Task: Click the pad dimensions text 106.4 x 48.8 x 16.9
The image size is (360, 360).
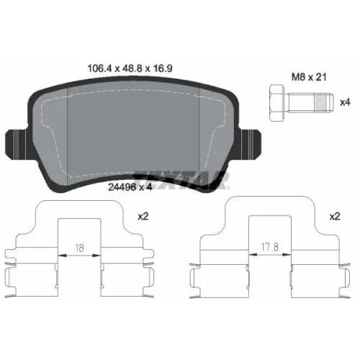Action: click(x=130, y=68)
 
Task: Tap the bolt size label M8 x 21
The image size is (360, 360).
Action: click(x=309, y=77)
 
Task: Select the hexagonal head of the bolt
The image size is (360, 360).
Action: click(x=277, y=103)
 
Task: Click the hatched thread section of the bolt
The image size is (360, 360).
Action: click(x=321, y=103)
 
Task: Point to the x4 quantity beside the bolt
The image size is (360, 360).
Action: click(x=345, y=102)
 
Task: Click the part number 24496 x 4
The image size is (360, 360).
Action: click(x=130, y=187)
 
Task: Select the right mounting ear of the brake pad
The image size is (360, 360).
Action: click(x=250, y=144)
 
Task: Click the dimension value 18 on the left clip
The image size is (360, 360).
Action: click(x=79, y=248)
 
